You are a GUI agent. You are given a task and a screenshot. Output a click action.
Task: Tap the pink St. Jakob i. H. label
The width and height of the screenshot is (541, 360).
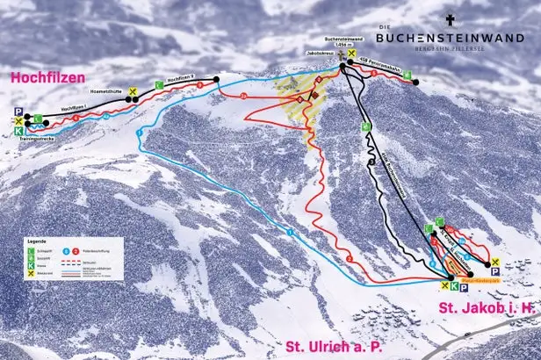487,306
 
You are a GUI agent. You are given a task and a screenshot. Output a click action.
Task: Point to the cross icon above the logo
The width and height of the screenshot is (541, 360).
450,19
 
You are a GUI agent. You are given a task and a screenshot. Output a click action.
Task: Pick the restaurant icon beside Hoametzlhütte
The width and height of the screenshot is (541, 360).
132,91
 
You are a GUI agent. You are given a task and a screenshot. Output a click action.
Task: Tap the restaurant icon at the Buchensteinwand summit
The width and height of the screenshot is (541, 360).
351,54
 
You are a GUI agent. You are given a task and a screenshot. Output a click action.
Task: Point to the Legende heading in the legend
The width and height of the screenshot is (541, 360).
38,239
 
